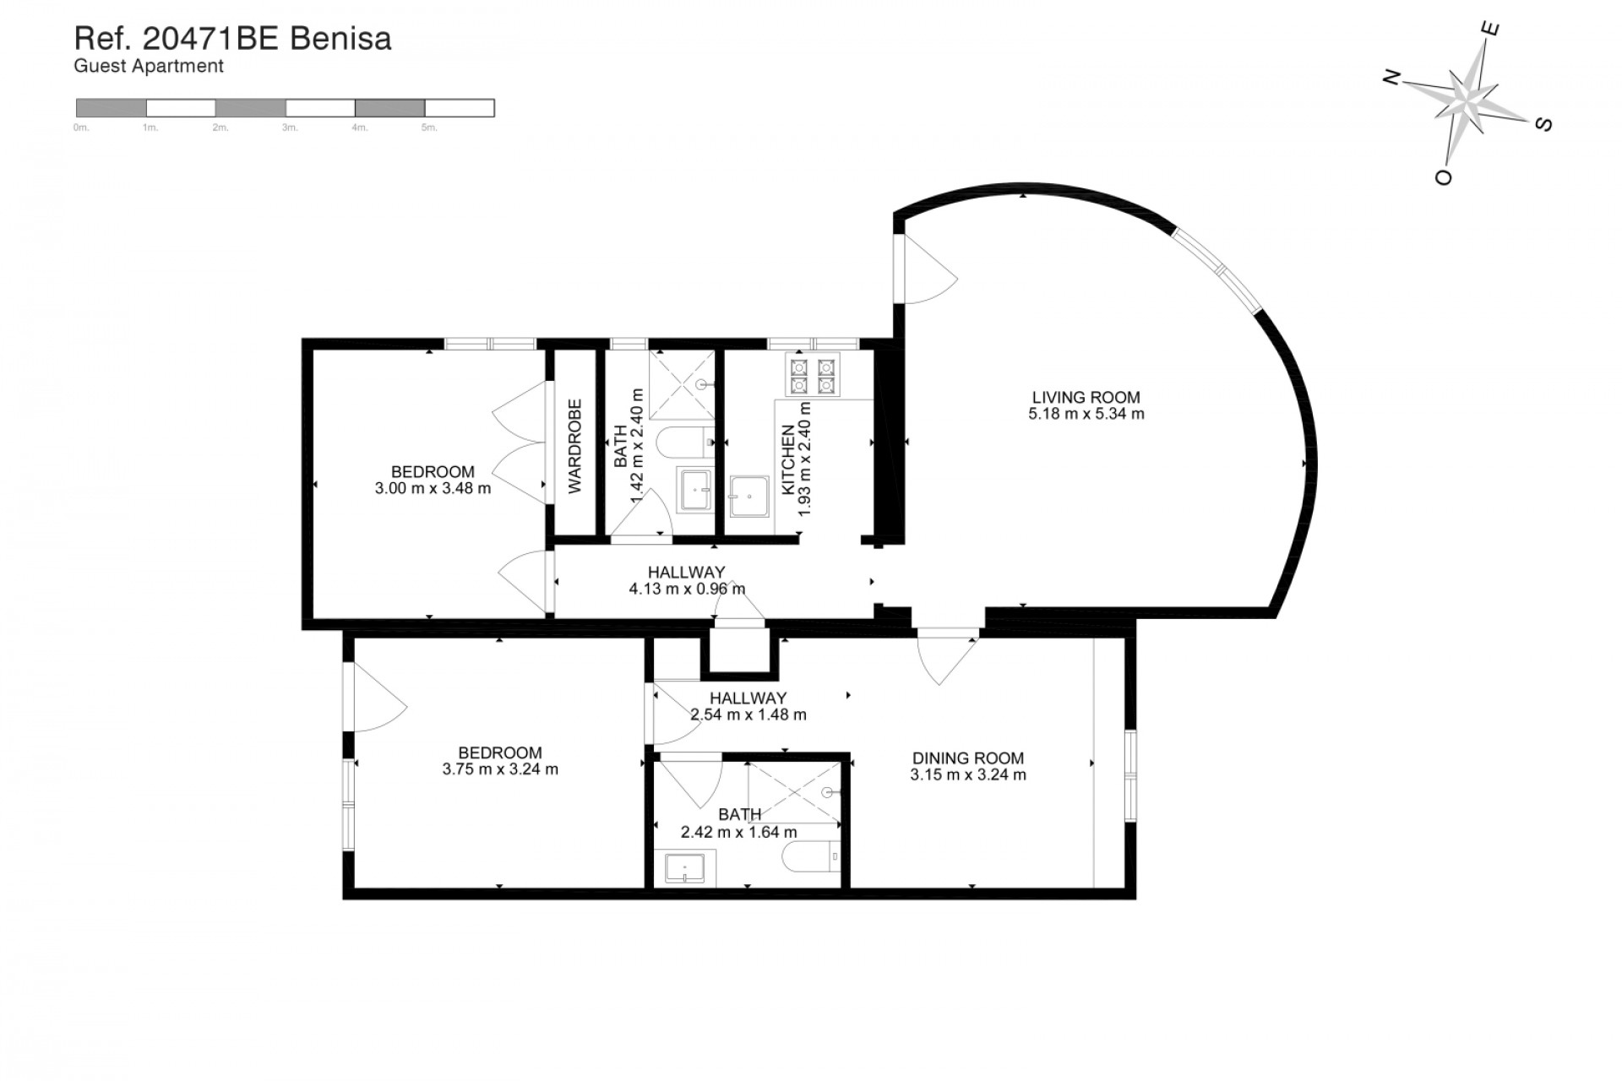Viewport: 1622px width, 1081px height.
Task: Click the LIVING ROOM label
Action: click(1086, 397)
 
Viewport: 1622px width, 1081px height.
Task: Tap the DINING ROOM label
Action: click(968, 758)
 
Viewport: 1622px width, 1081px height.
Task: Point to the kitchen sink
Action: click(749, 497)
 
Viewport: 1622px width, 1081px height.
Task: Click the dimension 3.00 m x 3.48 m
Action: click(433, 488)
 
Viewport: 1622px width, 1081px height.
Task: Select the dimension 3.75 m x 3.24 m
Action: click(500, 769)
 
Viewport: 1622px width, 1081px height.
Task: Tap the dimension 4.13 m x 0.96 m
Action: click(687, 589)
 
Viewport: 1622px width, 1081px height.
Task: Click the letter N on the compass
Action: click(1391, 79)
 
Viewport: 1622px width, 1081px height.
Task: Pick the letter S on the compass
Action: click(1543, 124)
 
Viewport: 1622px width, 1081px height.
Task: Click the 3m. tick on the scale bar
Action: click(290, 128)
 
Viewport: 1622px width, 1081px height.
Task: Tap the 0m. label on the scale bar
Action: click(81, 128)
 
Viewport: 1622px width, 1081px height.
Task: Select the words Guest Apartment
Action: click(149, 66)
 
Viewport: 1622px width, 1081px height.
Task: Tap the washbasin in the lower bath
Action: click(685, 868)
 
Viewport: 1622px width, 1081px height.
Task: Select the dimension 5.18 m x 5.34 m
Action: click(1086, 414)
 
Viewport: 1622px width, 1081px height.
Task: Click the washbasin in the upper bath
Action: click(697, 491)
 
